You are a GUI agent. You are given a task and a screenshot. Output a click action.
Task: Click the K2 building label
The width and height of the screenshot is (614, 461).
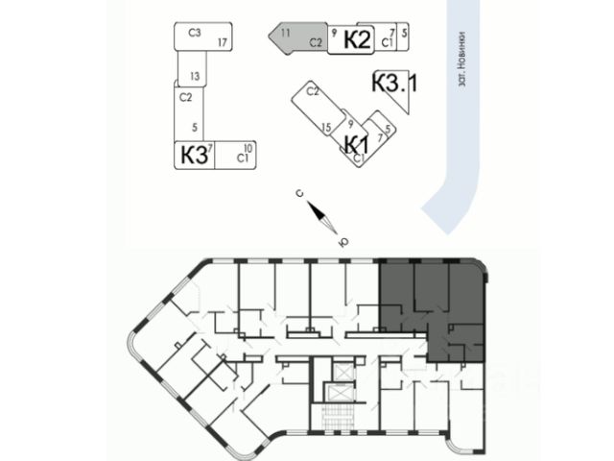click(x=357, y=40)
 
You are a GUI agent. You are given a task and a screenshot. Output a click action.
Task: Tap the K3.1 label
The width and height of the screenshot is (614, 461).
click(x=394, y=84)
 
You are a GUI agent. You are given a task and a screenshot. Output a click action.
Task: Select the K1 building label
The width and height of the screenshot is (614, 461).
click(x=357, y=145)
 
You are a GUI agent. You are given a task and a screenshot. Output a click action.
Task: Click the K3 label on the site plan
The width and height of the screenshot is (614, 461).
click(x=192, y=154)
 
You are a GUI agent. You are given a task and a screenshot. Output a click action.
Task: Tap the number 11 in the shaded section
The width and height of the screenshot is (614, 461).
click(x=285, y=33)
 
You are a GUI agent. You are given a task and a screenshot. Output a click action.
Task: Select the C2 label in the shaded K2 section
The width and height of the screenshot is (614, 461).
click(x=314, y=42)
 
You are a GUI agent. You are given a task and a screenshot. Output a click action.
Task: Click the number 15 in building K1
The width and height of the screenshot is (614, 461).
click(x=326, y=126)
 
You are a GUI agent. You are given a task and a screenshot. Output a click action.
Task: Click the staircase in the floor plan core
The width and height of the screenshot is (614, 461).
click(x=337, y=417)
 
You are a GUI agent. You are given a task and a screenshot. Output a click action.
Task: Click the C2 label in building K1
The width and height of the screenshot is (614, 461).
click(x=312, y=91)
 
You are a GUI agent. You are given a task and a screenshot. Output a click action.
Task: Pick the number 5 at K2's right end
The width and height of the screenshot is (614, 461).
click(x=405, y=33)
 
